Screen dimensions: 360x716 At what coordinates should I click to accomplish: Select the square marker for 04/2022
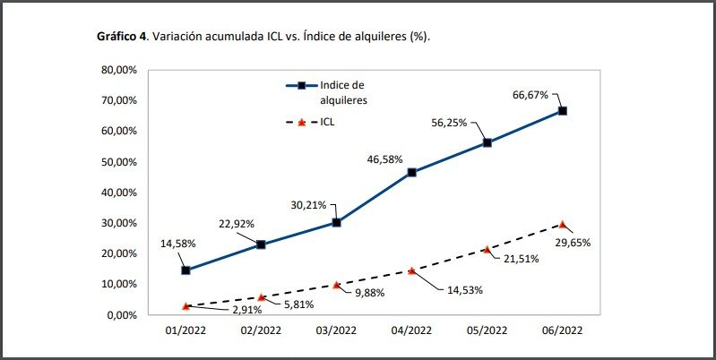click(x=411, y=172)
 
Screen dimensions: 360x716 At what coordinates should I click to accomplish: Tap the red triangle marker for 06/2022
click(x=563, y=224)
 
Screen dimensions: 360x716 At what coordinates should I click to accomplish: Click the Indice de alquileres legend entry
click(x=344, y=92)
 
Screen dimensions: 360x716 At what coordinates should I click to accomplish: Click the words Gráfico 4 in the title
click(x=122, y=37)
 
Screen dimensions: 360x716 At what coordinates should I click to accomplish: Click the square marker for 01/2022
click(x=185, y=270)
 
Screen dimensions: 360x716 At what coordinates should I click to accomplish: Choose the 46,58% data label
click(x=385, y=159)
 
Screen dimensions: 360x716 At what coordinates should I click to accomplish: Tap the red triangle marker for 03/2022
click(x=336, y=285)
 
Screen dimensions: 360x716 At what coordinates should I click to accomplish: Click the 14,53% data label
click(x=461, y=289)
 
